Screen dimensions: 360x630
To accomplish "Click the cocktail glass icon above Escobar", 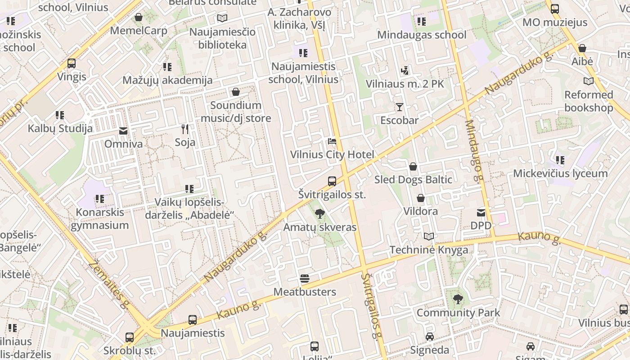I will click(x=399, y=107).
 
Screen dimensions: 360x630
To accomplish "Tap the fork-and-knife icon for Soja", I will click(x=185, y=129).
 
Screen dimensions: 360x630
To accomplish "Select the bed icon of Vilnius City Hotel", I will click(x=332, y=142).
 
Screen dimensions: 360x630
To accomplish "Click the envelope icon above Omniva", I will click(x=123, y=131).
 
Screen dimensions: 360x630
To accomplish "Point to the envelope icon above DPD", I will click(x=481, y=212).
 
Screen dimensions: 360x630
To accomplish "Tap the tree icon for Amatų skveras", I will click(x=319, y=214).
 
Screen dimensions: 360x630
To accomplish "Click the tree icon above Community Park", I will click(x=458, y=299).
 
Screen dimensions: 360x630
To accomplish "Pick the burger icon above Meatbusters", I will click(x=305, y=279).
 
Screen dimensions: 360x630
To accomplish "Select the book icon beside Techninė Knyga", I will click(x=429, y=237).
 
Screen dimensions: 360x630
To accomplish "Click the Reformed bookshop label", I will click(x=589, y=101).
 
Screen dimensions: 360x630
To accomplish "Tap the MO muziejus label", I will click(x=555, y=22).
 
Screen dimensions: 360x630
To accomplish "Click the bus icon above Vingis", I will click(x=72, y=63).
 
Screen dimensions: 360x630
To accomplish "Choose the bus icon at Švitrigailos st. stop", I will click(x=332, y=181).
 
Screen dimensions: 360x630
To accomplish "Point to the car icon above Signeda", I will click(x=430, y=337).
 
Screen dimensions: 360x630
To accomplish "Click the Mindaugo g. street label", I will click(x=475, y=151).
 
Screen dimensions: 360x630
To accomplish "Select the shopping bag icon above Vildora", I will click(x=420, y=198).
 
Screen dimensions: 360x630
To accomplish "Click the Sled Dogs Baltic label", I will click(x=413, y=180).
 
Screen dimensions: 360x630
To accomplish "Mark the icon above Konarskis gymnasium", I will click(x=99, y=198).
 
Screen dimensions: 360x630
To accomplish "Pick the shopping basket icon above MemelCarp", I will click(x=139, y=18).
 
